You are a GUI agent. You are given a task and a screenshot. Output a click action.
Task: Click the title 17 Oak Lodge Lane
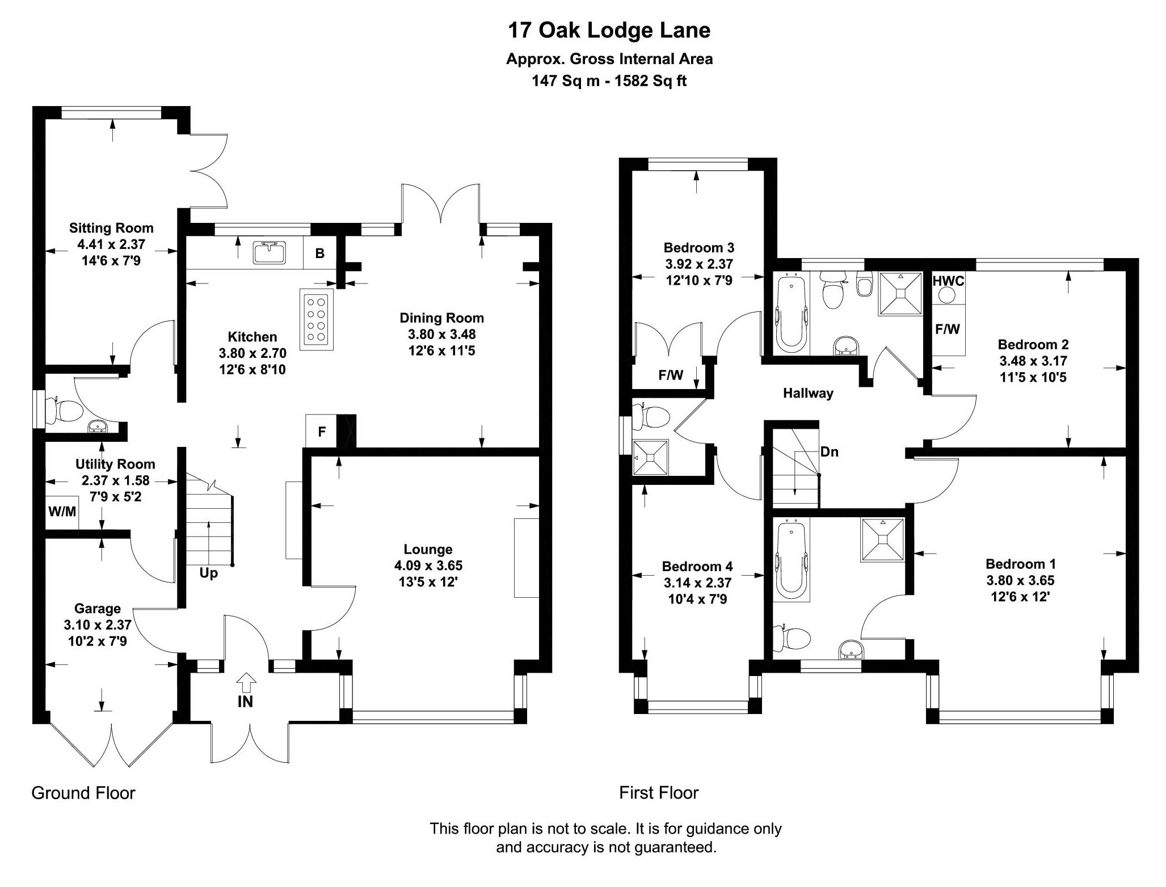609,31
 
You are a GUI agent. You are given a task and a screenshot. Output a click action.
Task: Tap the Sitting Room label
111,228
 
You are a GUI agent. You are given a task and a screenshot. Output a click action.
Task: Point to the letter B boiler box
320,254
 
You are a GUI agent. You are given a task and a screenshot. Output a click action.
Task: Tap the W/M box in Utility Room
62,512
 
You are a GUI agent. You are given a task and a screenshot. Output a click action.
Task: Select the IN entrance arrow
245,692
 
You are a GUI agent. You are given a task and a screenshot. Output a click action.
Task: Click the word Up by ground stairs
208,573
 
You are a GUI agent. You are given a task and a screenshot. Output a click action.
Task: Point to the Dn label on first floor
829,452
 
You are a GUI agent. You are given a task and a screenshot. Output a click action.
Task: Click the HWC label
948,281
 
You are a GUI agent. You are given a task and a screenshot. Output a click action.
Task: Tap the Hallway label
808,393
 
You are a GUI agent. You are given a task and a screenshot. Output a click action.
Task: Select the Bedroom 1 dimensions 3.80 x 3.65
1020,580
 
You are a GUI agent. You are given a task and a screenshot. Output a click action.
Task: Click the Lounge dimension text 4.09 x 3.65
428,565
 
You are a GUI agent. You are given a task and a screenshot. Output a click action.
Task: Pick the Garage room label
98,609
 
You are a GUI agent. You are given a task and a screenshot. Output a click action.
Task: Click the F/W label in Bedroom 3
671,375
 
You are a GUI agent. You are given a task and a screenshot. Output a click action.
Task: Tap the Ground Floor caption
83,792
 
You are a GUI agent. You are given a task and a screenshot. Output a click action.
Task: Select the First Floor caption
659,792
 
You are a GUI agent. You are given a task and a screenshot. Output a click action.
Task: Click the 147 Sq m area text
565,81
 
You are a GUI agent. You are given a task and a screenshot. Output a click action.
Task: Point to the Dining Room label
441,318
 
